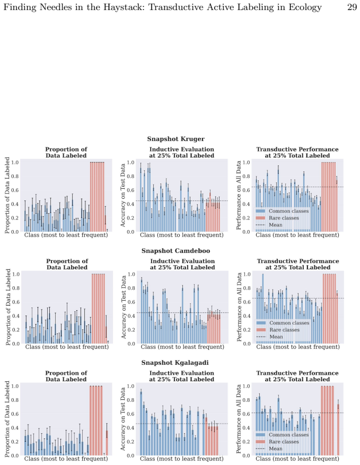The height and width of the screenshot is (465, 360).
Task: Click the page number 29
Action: [x=352, y=7]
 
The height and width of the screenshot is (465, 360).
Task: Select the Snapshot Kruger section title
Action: [x=176, y=139]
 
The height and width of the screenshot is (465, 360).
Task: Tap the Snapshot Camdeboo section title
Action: [x=176, y=251]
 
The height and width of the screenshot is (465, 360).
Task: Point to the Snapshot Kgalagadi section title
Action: [x=175, y=362]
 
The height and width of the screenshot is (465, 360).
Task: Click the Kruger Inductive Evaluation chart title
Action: [x=181, y=152]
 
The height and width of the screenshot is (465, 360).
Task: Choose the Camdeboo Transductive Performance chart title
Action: [x=298, y=264]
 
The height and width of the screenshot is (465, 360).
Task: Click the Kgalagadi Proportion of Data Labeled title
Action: [x=66, y=376]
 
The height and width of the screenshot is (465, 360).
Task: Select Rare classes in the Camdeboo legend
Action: [x=284, y=330]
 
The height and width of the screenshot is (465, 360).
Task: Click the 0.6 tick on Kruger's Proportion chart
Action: [x=15, y=190]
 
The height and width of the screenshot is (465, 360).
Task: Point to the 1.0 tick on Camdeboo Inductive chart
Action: [x=131, y=274]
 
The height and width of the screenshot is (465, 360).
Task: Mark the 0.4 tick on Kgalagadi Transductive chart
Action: [x=247, y=428]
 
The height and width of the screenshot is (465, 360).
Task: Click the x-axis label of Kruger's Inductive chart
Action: [x=181, y=235]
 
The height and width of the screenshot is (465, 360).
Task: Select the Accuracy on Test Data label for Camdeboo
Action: [x=124, y=307]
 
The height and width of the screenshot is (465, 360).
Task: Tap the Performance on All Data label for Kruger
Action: [x=239, y=195]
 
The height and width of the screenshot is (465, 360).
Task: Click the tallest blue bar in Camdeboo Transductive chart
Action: [x=263, y=309]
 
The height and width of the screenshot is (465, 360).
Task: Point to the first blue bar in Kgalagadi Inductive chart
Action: [x=141, y=423]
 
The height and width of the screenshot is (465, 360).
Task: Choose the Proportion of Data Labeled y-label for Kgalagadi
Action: [x=7, y=419]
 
